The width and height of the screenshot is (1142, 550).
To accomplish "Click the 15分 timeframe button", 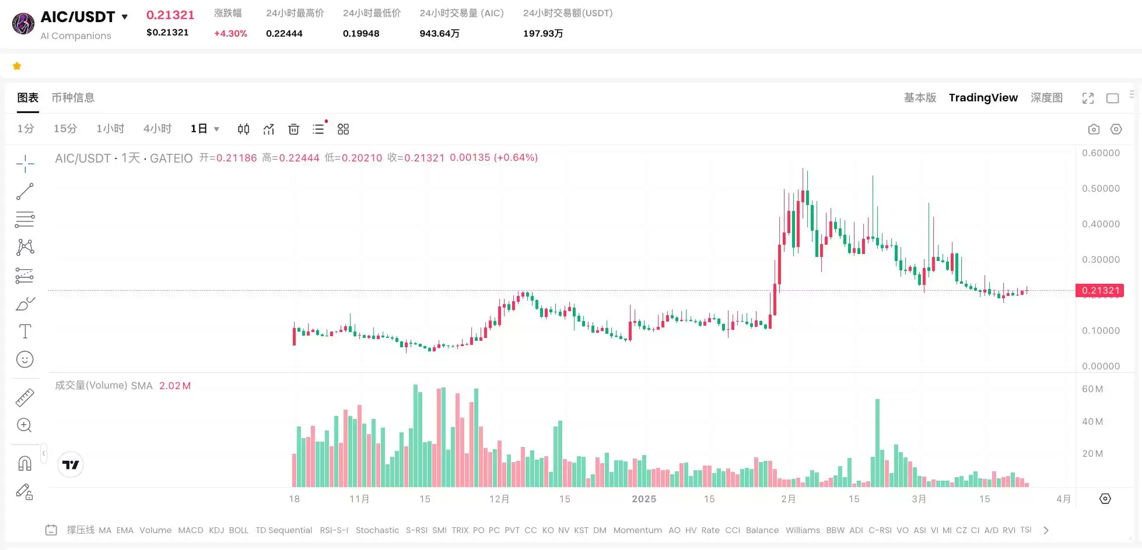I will (x=65, y=129).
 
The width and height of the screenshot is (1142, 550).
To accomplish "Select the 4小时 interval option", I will (x=157, y=129).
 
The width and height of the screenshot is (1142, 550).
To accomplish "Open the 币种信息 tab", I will (x=73, y=98).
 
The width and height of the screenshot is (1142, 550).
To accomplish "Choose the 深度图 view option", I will (x=1046, y=98).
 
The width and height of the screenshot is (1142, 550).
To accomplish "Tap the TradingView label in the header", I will (x=983, y=98).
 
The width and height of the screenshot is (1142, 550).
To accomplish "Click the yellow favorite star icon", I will (x=17, y=66).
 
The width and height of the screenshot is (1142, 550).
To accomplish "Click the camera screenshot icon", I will (x=1094, y=129).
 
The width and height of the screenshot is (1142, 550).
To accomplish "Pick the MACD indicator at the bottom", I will (x=191, y=530).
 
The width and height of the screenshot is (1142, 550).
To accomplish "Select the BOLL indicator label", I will (x=239, y=530).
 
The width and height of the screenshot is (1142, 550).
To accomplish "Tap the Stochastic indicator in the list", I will (x=377, y=530).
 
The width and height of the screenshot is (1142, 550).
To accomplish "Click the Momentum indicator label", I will (x=637, y=530).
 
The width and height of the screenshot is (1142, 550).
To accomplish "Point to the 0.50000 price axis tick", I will (x=1101, y=189).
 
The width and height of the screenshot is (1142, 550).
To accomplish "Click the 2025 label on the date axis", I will (x=644, y=499).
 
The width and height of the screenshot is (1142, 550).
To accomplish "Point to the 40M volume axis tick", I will (x=1092, y=422).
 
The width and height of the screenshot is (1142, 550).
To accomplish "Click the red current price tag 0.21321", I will (x=1100, y=290).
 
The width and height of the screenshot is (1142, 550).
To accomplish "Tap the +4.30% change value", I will (x=230, y=34).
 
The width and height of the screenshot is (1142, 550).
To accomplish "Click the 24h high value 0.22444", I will (x=284, y=34).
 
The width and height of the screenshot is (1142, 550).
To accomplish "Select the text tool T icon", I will (x=25, y=332).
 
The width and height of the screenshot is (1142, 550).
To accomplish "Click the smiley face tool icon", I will (x=25, y=359).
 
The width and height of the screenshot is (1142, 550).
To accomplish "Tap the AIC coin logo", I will (x=23, y=24).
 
